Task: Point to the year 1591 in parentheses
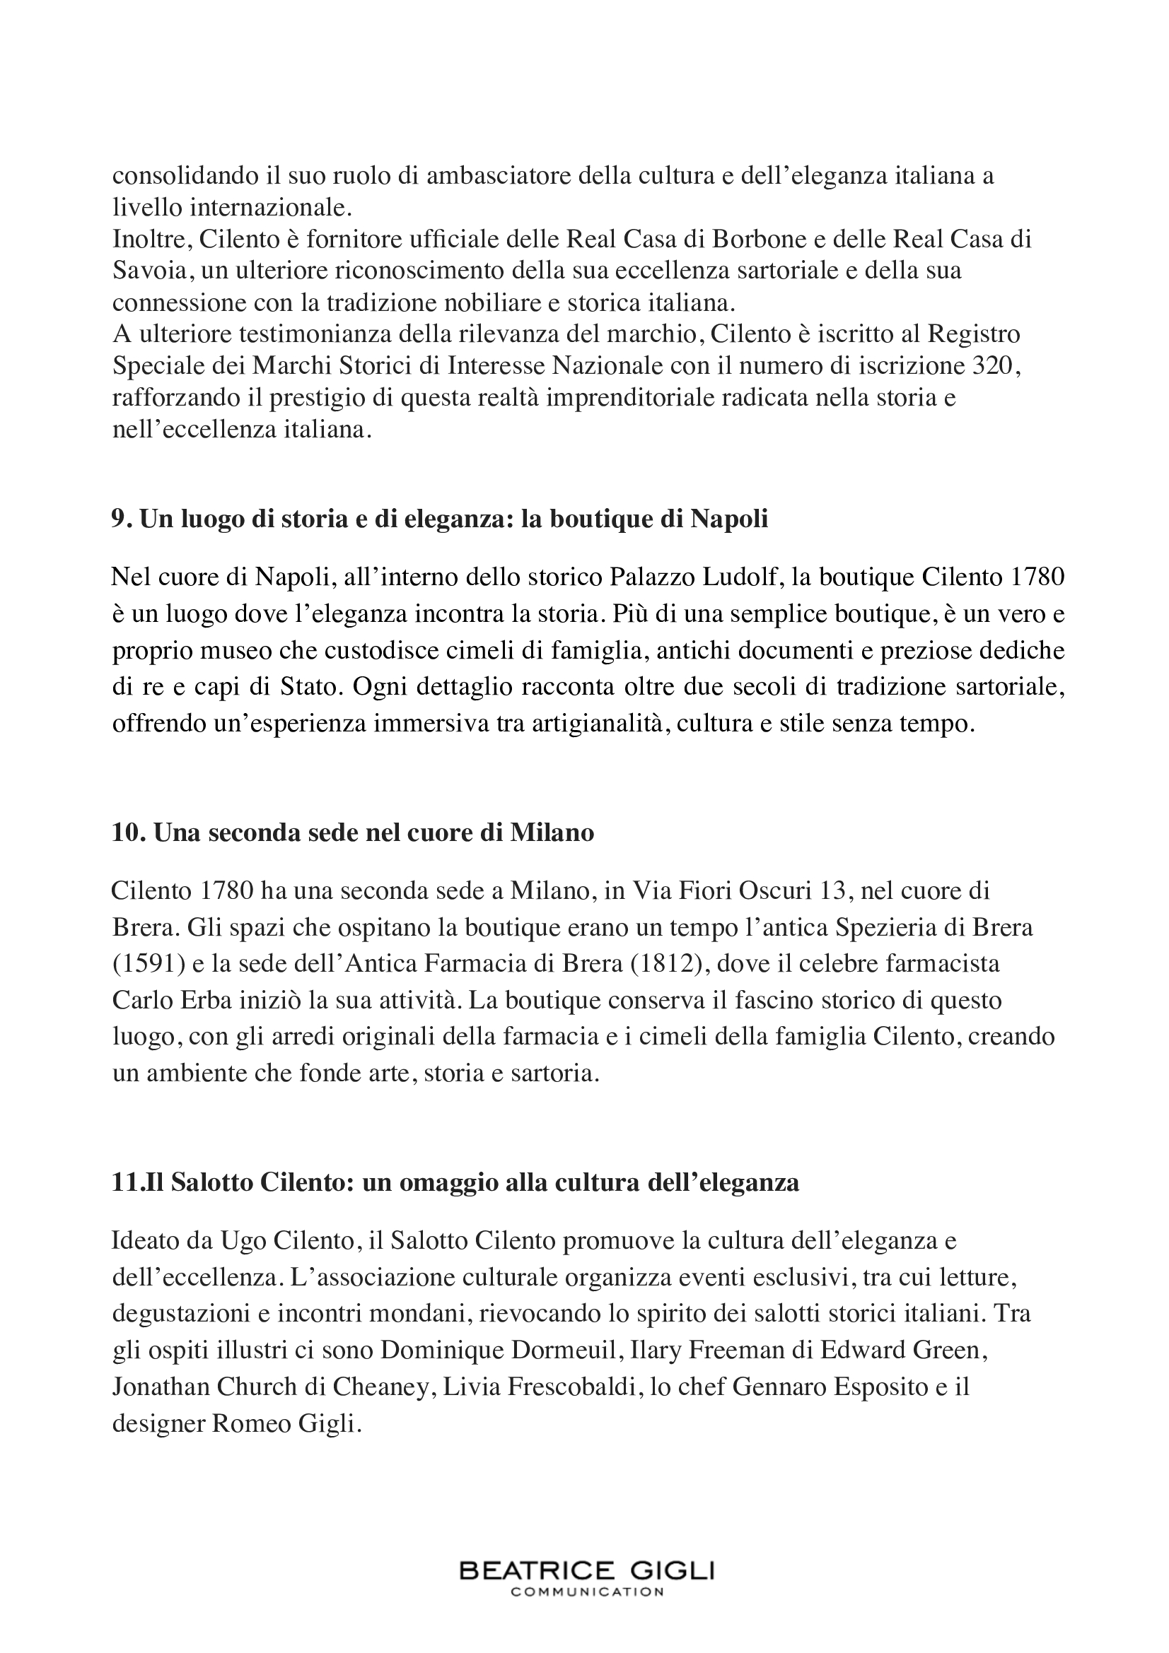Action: point(143,963)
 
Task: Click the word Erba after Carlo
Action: point(205,1000)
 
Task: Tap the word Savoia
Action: point(152,271)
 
